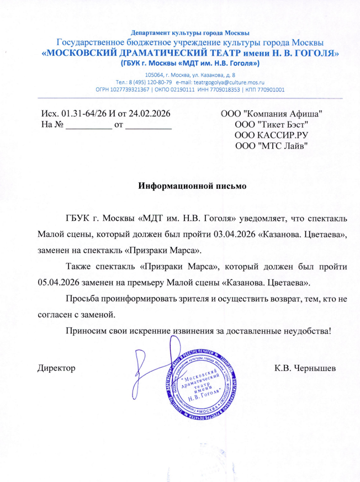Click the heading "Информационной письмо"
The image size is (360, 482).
click(x=192, y=186)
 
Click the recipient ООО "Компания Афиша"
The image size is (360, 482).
click(x=271, y=113)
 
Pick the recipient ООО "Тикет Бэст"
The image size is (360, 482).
click(x=271, y=124)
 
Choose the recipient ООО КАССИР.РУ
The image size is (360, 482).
click(x=271, y=134)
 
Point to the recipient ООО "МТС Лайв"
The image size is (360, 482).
click(x=271, y=145)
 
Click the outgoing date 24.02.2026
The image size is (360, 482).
click(x=149, y=113)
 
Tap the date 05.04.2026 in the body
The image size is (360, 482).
click(x=61, y=282)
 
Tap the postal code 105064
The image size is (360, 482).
click(x=154, y=74)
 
